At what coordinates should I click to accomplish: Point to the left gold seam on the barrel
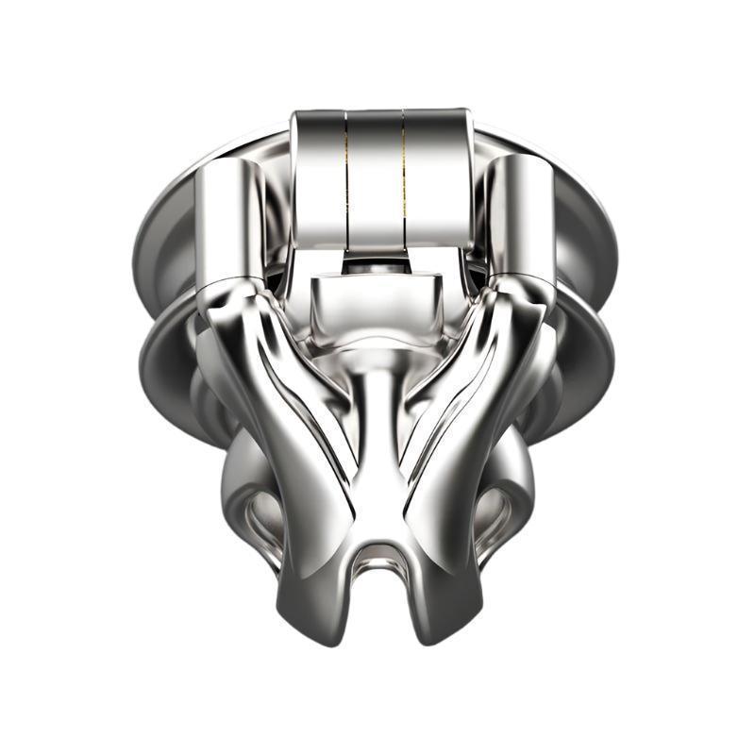click(x=346, y=179)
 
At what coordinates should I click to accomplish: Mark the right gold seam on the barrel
click(x=405, y=179)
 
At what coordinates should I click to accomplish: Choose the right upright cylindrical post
click(x=522, y=222)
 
